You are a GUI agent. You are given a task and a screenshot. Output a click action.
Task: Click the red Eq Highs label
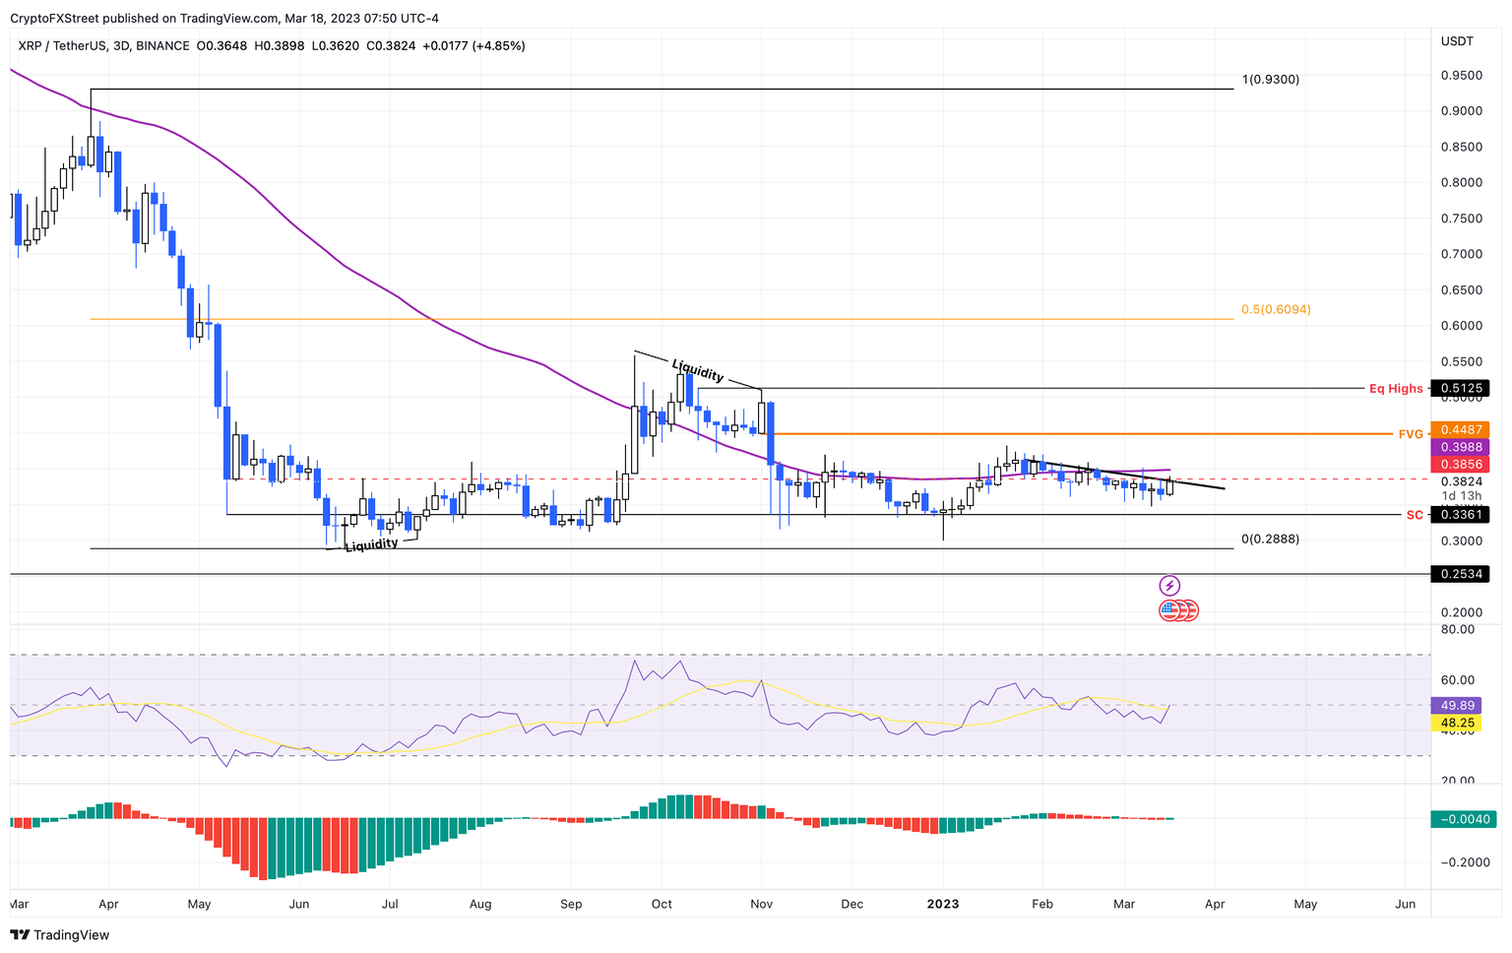1396,389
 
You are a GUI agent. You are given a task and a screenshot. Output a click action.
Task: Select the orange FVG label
1411,434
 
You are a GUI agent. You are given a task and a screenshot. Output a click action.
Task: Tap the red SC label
1414,515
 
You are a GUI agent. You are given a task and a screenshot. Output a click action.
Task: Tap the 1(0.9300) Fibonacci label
1270,80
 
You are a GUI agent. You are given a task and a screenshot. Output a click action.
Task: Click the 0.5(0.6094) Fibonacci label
1276,310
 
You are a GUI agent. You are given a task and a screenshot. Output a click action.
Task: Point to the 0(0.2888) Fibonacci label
1270,540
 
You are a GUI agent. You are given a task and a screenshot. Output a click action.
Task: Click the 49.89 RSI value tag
1458,706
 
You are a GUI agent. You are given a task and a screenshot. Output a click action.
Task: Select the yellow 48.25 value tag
1458,723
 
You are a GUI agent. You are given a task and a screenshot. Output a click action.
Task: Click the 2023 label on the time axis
943,904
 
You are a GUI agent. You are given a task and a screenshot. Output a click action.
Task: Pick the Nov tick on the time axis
761,904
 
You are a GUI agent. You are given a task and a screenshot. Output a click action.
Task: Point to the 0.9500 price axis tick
1461,76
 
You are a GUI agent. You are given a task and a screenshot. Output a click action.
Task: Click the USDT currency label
1457,41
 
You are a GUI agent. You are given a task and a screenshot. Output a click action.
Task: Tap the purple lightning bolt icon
1169,586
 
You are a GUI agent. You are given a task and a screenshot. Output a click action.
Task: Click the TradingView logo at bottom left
60,935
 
